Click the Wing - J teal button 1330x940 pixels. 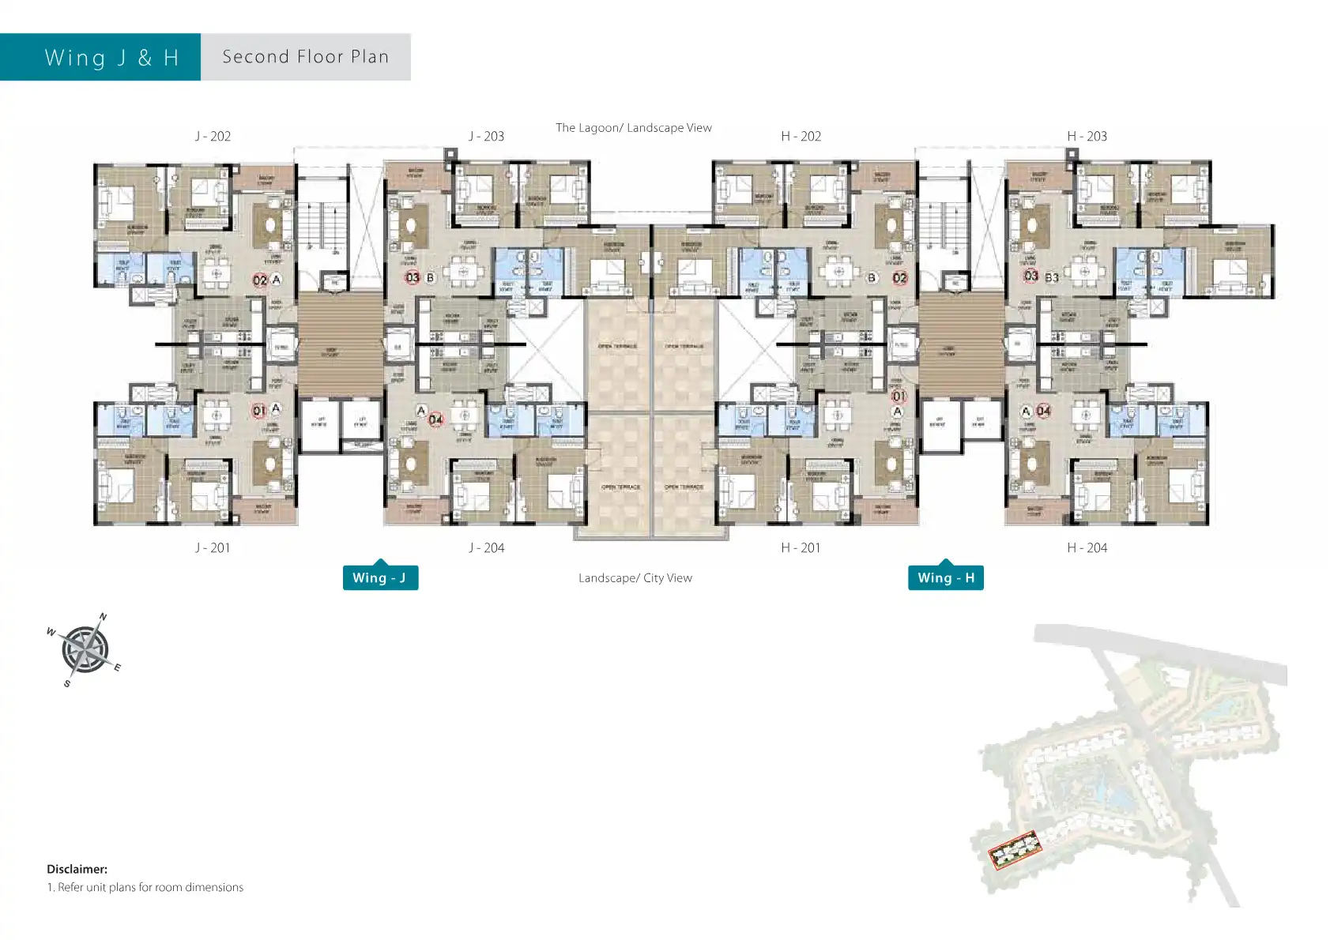[x=380, y=577]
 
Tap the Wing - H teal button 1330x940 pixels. [x=946, y=577]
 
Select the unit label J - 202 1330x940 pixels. [x=213, y=136]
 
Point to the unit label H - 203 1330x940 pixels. [x=1087, y=136]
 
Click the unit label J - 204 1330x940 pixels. [x=486, y=547]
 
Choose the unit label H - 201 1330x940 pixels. [x=801, y=547]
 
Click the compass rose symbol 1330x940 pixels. [x=85, y=650]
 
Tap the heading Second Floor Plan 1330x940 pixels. [x=306, y=57]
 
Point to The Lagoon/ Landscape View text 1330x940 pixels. [x=633, y=127]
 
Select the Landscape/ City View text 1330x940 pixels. [x=635, y=577]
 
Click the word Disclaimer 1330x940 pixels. [x=77, y=869]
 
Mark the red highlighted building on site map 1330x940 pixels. [x=1015, y=852]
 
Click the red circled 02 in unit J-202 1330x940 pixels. [x=259, y=280]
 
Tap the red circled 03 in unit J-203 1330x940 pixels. [x=413, y=277]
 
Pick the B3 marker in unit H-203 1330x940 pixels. [x=1052, y=277]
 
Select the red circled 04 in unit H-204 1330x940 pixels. [x=1043, y=411]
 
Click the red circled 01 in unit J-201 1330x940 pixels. [x=258, y=411]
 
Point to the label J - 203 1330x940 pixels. [x=486, y=136]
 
